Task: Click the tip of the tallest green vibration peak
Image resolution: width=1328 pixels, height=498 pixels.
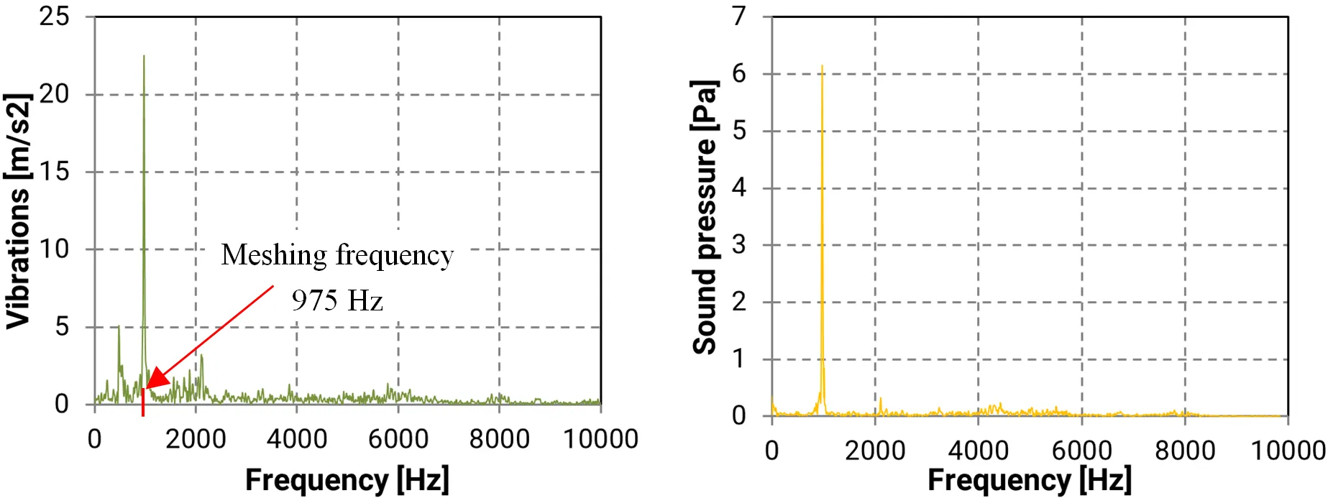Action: point(144,56)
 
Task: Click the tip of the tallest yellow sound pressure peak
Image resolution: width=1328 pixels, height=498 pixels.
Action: point(822,66)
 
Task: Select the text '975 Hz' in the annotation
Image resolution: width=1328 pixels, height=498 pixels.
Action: point(337,300)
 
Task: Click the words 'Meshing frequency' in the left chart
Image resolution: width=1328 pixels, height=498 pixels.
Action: point(337,255)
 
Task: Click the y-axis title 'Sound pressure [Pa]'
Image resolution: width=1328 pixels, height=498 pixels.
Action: point(705,217)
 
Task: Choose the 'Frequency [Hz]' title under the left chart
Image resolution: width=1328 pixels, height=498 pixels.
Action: point(347,479)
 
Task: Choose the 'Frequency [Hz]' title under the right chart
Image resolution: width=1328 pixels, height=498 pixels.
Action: point(1029,479)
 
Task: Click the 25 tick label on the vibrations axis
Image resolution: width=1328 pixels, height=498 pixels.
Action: point(54,16)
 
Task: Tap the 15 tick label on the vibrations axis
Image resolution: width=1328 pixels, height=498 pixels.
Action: point(54,171)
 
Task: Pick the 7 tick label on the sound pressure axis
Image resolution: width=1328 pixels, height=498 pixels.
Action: point(739,16)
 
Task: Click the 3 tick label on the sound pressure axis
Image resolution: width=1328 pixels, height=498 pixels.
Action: point(739,244)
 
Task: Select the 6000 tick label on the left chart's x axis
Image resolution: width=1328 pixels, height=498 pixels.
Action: point(398,439)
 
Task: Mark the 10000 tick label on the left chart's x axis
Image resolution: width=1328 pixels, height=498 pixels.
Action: point(600,439)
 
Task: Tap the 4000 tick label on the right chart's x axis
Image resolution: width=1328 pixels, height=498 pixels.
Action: point(978,451)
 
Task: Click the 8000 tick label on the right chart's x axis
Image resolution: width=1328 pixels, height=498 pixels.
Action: point(1185,451)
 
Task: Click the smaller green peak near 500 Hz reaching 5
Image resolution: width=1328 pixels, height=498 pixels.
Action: point(119,327)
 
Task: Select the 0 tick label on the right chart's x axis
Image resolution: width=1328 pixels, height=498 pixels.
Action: point(771,451)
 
